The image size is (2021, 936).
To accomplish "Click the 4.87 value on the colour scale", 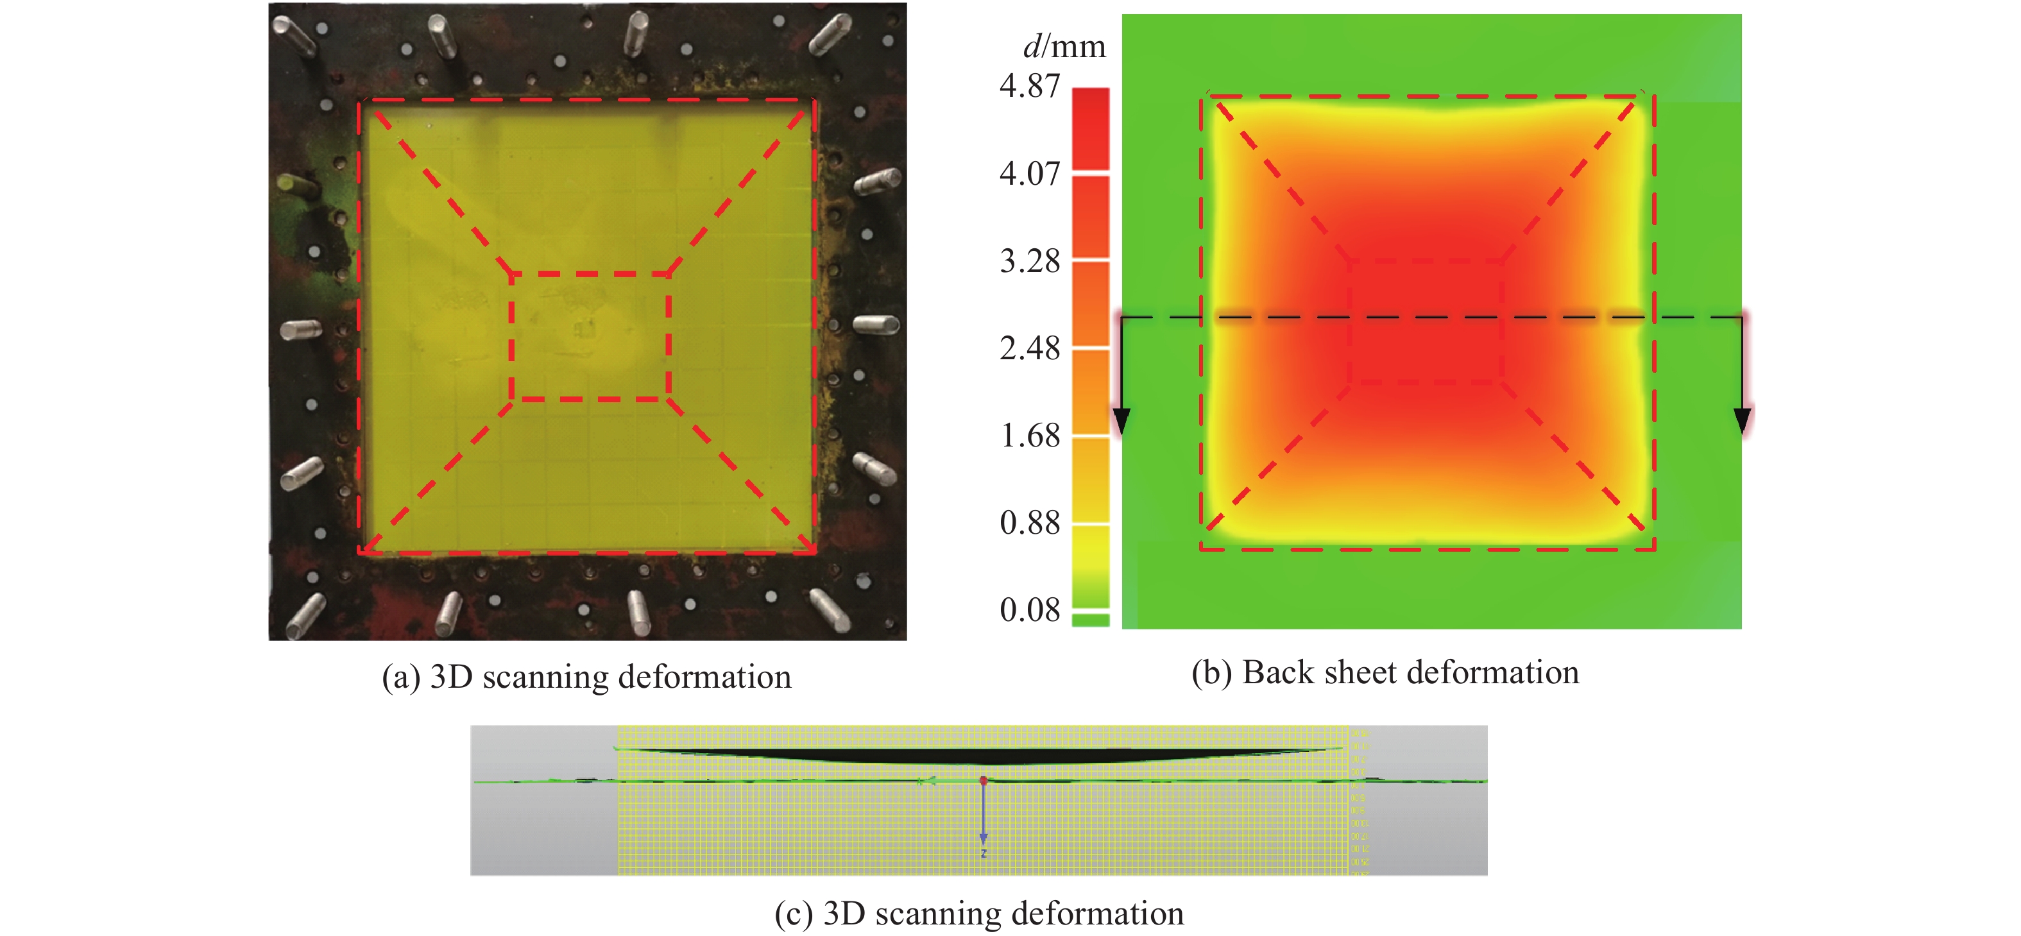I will coord(1029,85).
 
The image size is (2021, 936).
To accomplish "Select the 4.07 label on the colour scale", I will coord(1029,173).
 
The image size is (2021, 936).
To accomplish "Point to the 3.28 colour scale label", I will coord(1029,261).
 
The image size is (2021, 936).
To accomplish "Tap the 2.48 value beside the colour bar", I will coord(1029,348).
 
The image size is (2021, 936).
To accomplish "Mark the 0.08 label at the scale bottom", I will coord(1029,610).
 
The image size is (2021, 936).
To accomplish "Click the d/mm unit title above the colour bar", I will coord(1064,47).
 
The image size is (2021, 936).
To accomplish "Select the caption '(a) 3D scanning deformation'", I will coord(586,677).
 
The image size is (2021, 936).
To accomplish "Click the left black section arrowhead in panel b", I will coord(1122,421).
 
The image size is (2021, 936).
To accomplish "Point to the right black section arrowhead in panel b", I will coord(1742,421).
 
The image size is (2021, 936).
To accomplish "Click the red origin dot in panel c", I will coord(983,781).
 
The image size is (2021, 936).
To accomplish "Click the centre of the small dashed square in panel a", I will coord(590,337).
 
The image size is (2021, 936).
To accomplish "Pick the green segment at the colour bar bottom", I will coord(1091,620).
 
